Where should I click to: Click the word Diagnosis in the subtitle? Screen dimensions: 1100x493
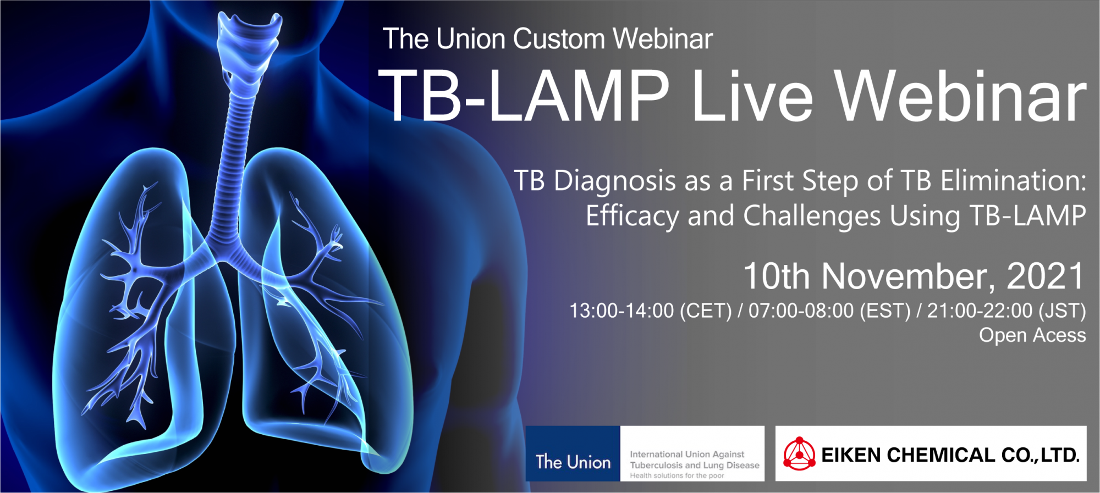click(x=615, y=182)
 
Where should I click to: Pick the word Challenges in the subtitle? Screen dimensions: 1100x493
click(x=812, y=217)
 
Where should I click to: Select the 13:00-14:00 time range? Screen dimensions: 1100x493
click(x=621, y=311)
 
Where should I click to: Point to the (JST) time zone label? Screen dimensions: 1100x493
click(x=1062, y=311)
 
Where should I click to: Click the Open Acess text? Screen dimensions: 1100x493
click(x=1032, y=335)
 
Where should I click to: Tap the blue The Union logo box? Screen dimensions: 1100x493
click(x=573, y=453)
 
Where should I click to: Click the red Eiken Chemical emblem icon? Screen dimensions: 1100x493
click(x=799, y=454)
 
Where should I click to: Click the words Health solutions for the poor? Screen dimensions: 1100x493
click(x=677, y=476)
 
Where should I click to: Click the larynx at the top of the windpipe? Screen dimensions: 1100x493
click(x=248, y=44)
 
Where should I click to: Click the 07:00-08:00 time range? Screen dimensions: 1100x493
click(x=801, y=311)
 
